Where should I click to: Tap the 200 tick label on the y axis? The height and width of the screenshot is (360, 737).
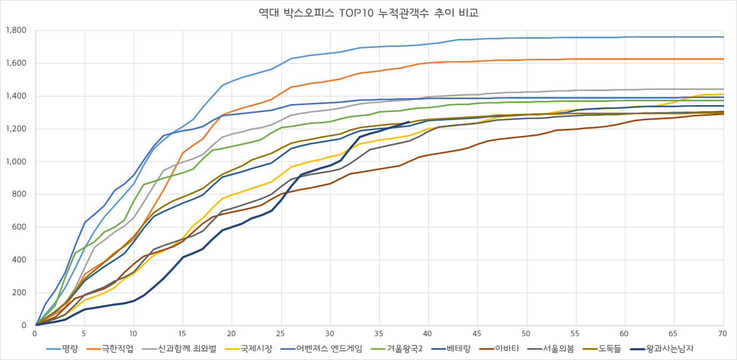tap(20, 293)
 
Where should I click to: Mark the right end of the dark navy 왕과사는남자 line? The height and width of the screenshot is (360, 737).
tap(408, 122)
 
